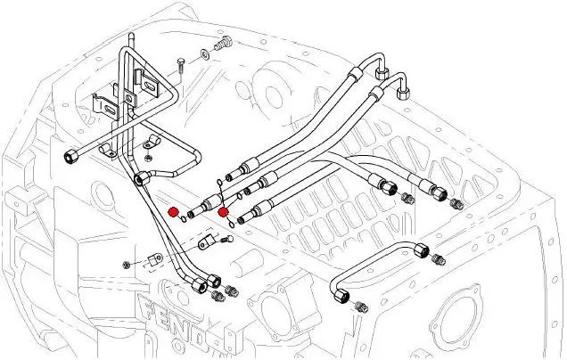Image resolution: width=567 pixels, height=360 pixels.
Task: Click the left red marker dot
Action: point(173,211)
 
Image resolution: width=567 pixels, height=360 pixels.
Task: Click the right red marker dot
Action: point(223,212)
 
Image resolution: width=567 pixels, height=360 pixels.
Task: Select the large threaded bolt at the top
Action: point(225,42)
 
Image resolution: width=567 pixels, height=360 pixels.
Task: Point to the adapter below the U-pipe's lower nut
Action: point(360,307)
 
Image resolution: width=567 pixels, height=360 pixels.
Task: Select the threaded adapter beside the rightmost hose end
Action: point(458,204)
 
